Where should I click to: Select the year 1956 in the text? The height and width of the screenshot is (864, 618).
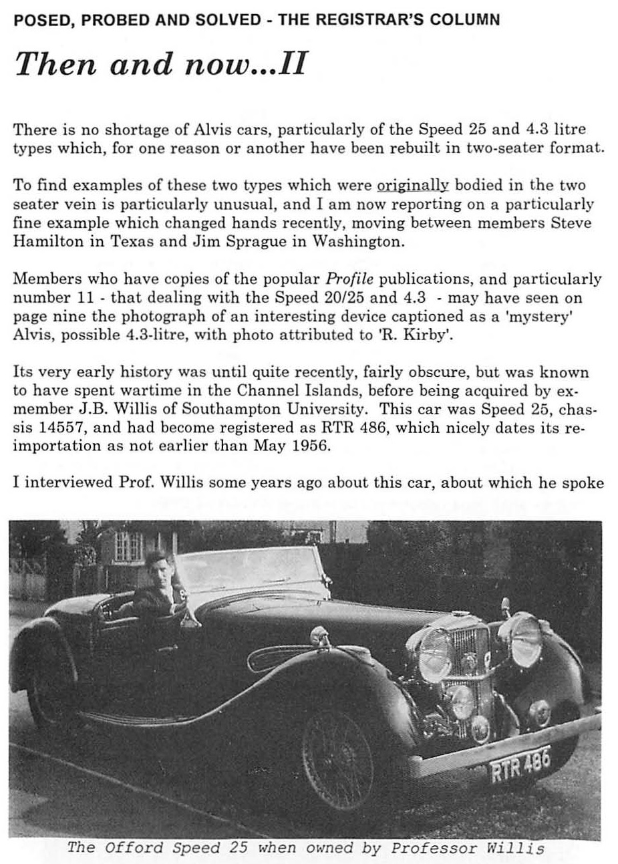[x=311, y=446]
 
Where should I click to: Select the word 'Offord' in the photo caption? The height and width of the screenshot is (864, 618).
[x=132, y=849]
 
